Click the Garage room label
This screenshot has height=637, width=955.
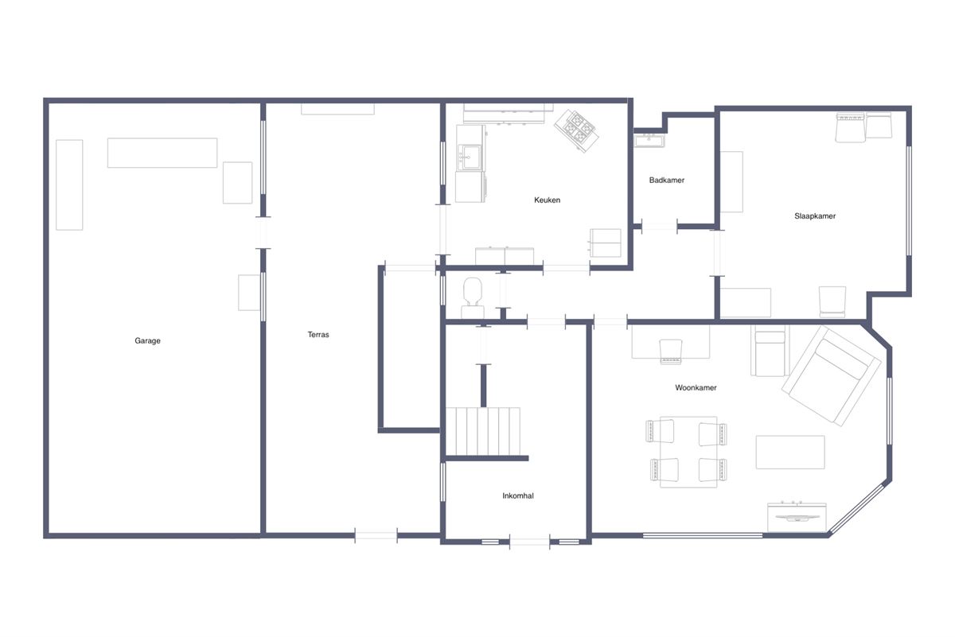click(x=147, y=340)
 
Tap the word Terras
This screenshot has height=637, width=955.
click(x=318, y=335)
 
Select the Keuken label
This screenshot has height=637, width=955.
click(x=547, y=200)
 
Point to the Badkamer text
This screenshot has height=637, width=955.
click(x=666, y=181)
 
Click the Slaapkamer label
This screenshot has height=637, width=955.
click(x=815, y=216)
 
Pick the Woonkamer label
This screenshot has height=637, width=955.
click(x=696, y=388)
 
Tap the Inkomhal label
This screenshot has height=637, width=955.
click(x=517, y=495)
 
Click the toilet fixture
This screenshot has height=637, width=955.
click(x=473, y=297)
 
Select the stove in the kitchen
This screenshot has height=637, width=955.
click(x=576, y=130)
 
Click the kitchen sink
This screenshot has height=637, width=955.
click(x=470, y=157)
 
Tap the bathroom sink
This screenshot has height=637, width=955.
click(x=649, y=140)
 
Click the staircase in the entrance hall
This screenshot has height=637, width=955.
click(x=483, y=431)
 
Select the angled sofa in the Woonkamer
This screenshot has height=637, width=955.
click(x=831, y=376)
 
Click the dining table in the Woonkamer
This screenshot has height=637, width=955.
click(x=688, y=452)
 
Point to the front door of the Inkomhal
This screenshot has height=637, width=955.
click(x=529, y=542)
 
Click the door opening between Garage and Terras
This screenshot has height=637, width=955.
click(x=263, y=233)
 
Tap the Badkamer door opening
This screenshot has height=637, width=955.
click(x=660, y=227)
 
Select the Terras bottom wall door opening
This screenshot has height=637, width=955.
click(x=376, y=535)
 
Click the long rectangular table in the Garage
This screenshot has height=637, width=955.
click(x=162, y=153)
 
